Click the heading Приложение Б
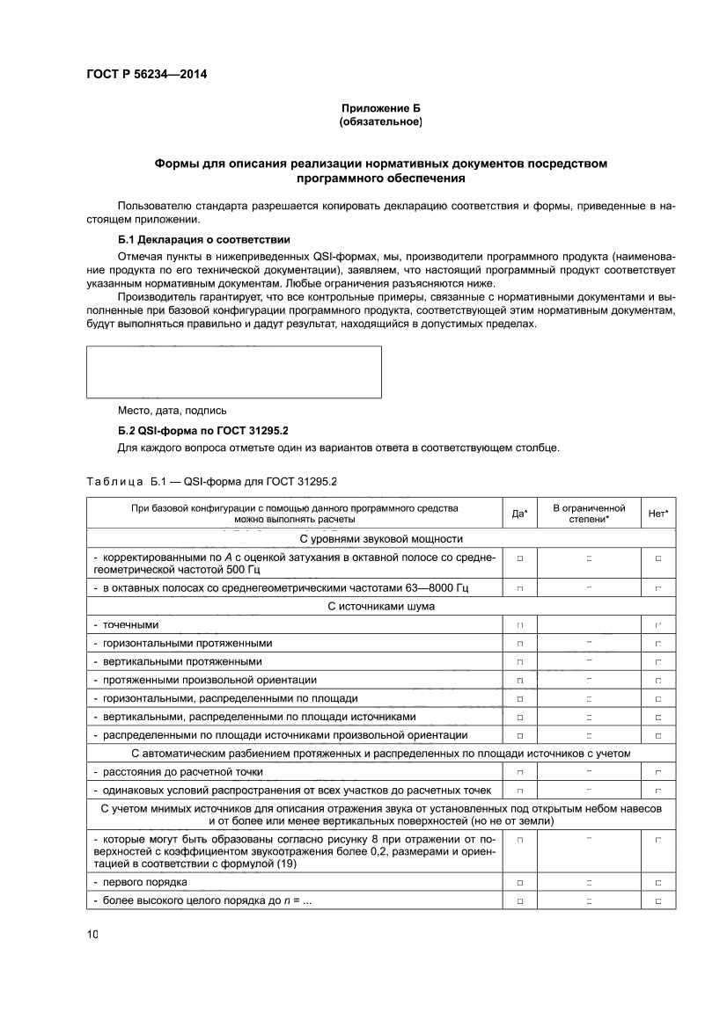[380, 108]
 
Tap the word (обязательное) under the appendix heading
[380, 122]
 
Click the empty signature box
[233, 372]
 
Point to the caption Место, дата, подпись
[172, 411]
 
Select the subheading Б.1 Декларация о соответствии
[203, 239]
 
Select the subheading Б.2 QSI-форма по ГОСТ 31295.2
[203, 431]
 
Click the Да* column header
[519, 514]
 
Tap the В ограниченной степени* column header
[589, 514]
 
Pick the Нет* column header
[657, 514]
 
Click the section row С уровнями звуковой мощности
[381, 539]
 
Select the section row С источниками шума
[381, 606]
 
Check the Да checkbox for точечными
[520, 625]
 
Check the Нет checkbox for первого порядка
[657, 882]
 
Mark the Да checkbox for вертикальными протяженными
[520, 662]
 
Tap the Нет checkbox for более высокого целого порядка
[657, 900]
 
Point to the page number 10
[92, 935]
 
